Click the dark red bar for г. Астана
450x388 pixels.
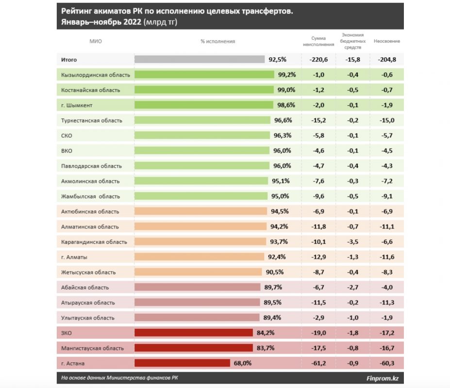(x=182, y=363)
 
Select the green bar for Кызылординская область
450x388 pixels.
(x=204, y=75)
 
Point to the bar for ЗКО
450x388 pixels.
(x=194, y=333)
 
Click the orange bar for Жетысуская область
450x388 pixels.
(x=199, y=272)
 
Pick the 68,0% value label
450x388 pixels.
(x=242, y=363)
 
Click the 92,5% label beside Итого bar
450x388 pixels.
(x=277, y=60)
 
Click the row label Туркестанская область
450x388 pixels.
(x=92, y=120)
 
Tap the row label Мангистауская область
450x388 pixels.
(x=93, y=348)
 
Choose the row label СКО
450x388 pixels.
(x=67, y=136)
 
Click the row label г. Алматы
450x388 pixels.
(x=74, y=257)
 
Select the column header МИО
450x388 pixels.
(x=96, y=41)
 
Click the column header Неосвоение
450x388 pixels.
(x=387, y=41)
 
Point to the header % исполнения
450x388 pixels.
(x=217, y=41)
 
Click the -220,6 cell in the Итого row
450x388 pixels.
(x=318, y=60)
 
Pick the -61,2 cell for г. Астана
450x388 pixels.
(x=318, y=363)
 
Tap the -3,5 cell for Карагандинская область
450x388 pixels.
(x=353, y=242)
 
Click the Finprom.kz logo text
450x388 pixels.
(x=383, y=378)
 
